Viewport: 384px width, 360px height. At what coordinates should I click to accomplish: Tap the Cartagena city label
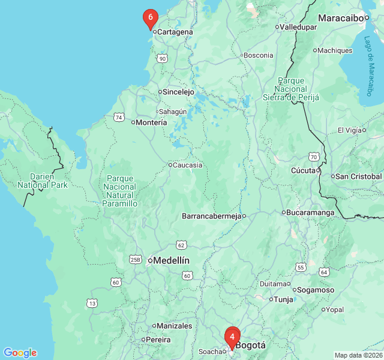coord(175,32)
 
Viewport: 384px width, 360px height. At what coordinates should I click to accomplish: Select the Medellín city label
coord(172,260)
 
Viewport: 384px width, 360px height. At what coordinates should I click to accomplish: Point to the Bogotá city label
coord(250,346)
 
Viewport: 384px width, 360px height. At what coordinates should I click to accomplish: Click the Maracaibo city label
coord(340,18)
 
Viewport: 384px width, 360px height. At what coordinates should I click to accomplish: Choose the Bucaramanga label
coord(310,212)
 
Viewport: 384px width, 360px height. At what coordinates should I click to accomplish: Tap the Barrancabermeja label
coord(211,215)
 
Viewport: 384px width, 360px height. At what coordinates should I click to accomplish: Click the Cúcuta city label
coord(303,170)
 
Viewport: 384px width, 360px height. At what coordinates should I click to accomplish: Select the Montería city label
coord(151,122)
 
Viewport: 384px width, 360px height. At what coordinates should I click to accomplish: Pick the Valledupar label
coord(298,27)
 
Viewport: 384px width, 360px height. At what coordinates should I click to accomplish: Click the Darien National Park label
coord(43,181)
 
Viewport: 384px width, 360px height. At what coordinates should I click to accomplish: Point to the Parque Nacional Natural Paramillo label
coord(121,191)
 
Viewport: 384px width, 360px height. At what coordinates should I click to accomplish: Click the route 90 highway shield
coord(162,58)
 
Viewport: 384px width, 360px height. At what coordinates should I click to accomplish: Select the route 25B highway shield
coord(135,259)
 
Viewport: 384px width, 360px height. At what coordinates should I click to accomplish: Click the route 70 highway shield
coord(313,157)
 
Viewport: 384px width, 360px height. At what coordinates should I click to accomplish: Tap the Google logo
coord(20,353)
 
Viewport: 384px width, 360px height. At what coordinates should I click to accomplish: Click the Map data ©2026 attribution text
coord(358,355)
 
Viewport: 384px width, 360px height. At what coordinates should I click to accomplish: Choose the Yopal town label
coord(335,310)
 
